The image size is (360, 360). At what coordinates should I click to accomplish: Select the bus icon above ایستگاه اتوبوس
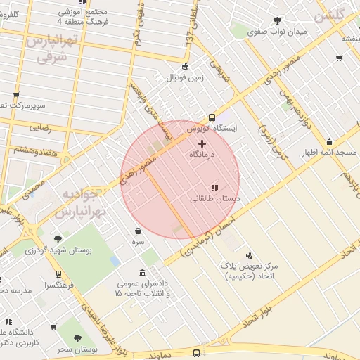[212, 118]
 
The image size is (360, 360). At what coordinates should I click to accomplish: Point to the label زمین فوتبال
[184, 78]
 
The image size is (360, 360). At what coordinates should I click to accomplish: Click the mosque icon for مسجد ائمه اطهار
[329, 143]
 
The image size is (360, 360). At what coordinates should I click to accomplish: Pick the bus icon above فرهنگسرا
[58, 275]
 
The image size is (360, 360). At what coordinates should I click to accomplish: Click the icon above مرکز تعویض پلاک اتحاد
[247, 255]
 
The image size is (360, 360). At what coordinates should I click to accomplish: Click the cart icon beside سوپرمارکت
[15, 95]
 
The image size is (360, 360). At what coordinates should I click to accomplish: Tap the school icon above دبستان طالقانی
[215, 188]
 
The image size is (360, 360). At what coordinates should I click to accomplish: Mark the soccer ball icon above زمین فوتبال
[184, 67]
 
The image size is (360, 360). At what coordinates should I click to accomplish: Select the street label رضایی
[40, 128]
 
